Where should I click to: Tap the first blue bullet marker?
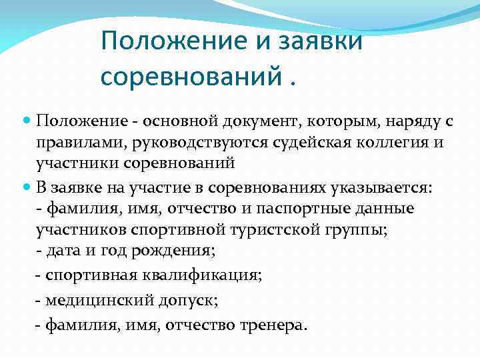coord(26,121)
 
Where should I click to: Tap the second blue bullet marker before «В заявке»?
coord(26,189)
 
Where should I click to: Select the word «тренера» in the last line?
coord(274,325)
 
